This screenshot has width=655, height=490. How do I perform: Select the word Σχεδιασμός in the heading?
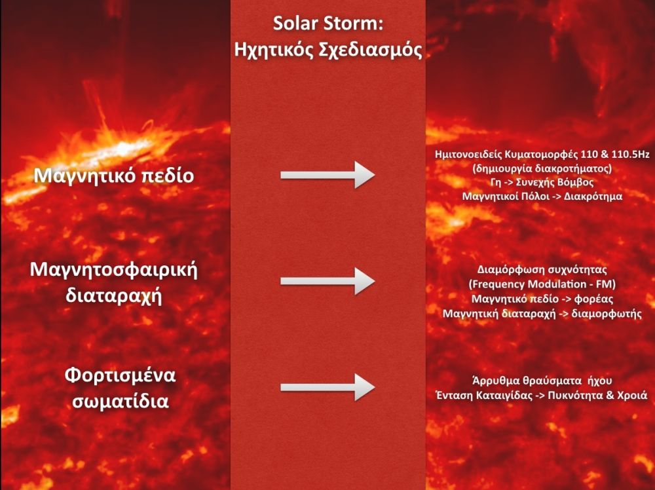[371, 50]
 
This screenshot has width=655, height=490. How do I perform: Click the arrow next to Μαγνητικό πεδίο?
[327, 176]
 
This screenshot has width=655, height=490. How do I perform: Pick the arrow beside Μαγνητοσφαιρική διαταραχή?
[327, 281]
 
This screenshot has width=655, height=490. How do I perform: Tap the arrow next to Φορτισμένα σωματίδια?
[327, 387]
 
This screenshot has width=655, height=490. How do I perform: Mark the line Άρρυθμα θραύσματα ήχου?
[542, 381]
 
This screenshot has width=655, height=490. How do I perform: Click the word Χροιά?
[631, 395]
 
